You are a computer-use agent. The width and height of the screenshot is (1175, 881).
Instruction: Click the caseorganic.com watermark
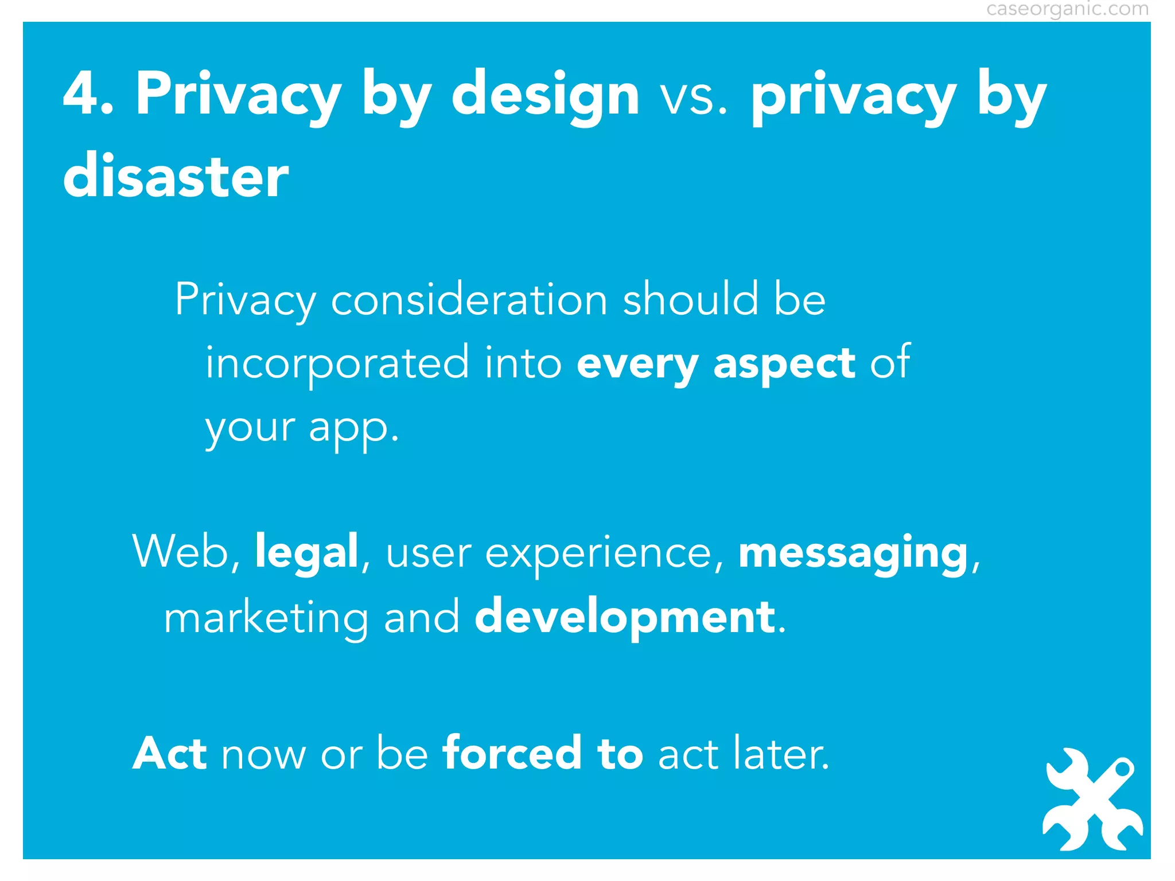pos(1067,9)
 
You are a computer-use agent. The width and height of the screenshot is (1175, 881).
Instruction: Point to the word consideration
pos(469,300)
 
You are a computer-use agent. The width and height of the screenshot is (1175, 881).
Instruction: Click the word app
pos(352,429)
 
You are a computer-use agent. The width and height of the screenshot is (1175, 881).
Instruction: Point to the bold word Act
pos(169,753)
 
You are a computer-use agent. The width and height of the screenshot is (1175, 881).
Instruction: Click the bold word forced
pos(512,753)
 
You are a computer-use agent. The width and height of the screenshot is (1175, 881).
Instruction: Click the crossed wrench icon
pos(1092,800)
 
